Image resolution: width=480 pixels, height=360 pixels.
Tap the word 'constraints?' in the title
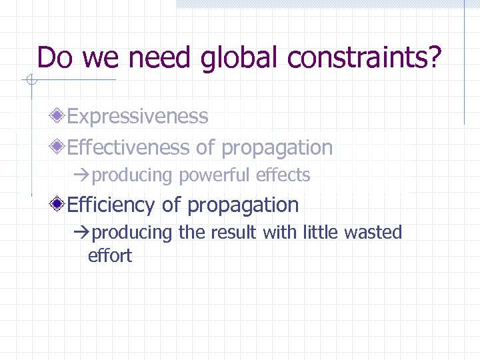pos(365,59)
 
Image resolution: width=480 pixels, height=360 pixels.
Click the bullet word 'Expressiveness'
pos(138,117)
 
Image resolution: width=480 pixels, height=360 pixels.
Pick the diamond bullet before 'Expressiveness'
pos(60,117)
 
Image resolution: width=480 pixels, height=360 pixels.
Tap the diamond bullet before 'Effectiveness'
pos(60,147)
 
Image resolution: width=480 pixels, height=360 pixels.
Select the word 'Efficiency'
pos(113,205)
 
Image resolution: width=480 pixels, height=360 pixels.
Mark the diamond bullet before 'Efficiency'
pos(60,205)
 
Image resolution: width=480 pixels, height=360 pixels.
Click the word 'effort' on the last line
pos(110,255)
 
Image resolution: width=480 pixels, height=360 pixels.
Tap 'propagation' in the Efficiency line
pos(243,205)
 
